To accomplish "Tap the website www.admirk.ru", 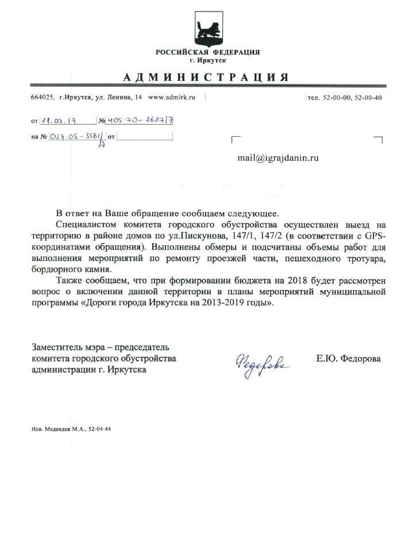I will [172, 97].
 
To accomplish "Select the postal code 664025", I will [42, 97].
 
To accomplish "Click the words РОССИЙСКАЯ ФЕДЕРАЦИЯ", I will [207, 52].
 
